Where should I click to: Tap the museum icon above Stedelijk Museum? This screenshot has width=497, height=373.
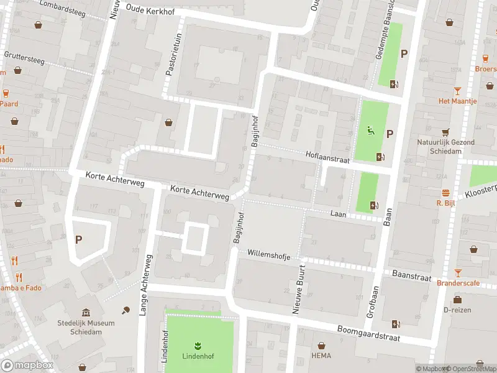[x=85, y=312]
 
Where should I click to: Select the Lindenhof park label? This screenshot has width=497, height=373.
[x=198, y=356]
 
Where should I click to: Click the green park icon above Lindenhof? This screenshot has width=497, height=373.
[x=198, y=345]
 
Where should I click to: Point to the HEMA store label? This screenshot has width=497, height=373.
[x=321, y=356]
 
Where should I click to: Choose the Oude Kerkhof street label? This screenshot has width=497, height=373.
[x=151, y=9]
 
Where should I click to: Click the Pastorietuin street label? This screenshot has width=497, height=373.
[x=173, y=54]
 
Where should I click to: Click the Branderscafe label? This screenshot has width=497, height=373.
[x=458, y=283]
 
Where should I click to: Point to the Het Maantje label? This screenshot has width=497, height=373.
[x=457, y=101]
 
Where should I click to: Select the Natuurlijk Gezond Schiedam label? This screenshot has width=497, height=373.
[x=445, y=146]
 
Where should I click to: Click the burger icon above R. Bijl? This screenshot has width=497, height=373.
[x=445, y=193]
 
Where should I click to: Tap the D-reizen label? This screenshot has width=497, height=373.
[x=457, y=310]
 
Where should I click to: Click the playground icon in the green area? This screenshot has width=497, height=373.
[x=371, y=131]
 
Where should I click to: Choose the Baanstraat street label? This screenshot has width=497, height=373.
[x=411, y=275]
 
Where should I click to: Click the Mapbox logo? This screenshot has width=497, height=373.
[x=27, y=366]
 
